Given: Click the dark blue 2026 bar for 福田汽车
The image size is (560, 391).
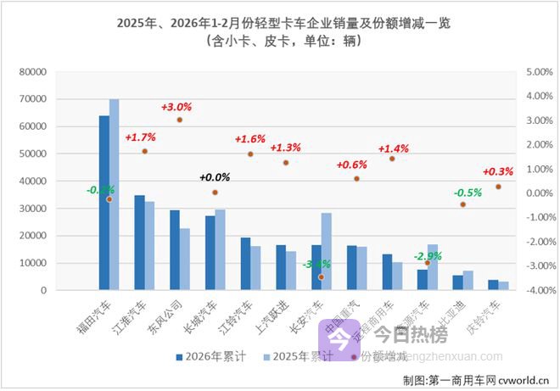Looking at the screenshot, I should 104,204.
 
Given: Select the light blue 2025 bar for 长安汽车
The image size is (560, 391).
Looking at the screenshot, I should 327,252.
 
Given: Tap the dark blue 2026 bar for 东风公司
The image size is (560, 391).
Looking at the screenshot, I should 174,250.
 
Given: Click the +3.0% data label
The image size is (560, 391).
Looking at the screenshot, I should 176,107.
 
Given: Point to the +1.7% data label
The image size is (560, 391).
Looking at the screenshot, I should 140,137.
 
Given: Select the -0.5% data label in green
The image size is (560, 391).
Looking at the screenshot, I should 468,192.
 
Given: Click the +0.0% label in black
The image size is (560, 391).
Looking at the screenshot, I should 215,177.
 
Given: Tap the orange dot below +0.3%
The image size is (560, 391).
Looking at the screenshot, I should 498,187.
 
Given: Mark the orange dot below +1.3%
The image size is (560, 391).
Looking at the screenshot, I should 286,163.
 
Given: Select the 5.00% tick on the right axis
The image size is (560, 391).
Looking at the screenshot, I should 540,73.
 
